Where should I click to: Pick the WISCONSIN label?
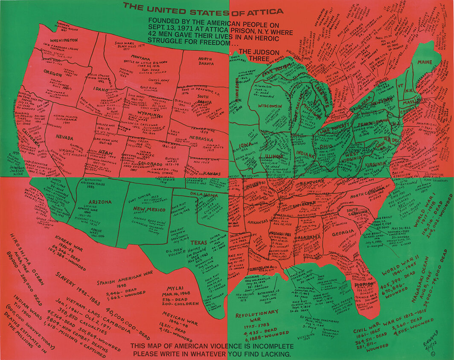pyautogui.click(x=270, y=105)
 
